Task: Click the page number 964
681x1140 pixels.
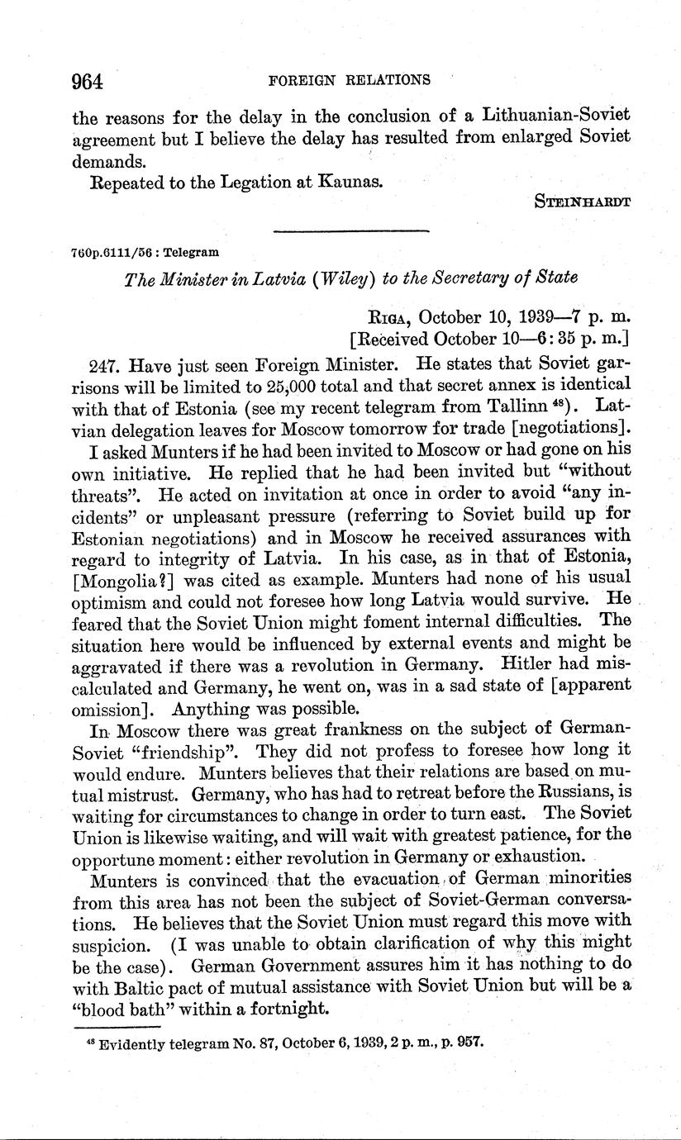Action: (87, 81)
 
